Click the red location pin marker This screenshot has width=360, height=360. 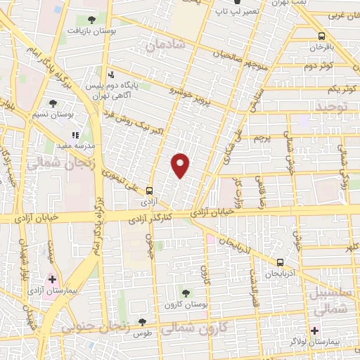pos(181,165)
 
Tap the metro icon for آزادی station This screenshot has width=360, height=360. pos(149,190)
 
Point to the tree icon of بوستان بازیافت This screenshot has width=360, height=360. pos(92,20)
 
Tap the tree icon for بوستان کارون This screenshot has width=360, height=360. pos(186,292)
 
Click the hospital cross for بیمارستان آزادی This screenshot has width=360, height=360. pos(52,280)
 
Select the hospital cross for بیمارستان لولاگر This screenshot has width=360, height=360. pos(314,330)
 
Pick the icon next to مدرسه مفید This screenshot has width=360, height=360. pos(75,136)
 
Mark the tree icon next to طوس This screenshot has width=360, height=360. pos(142,321)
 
